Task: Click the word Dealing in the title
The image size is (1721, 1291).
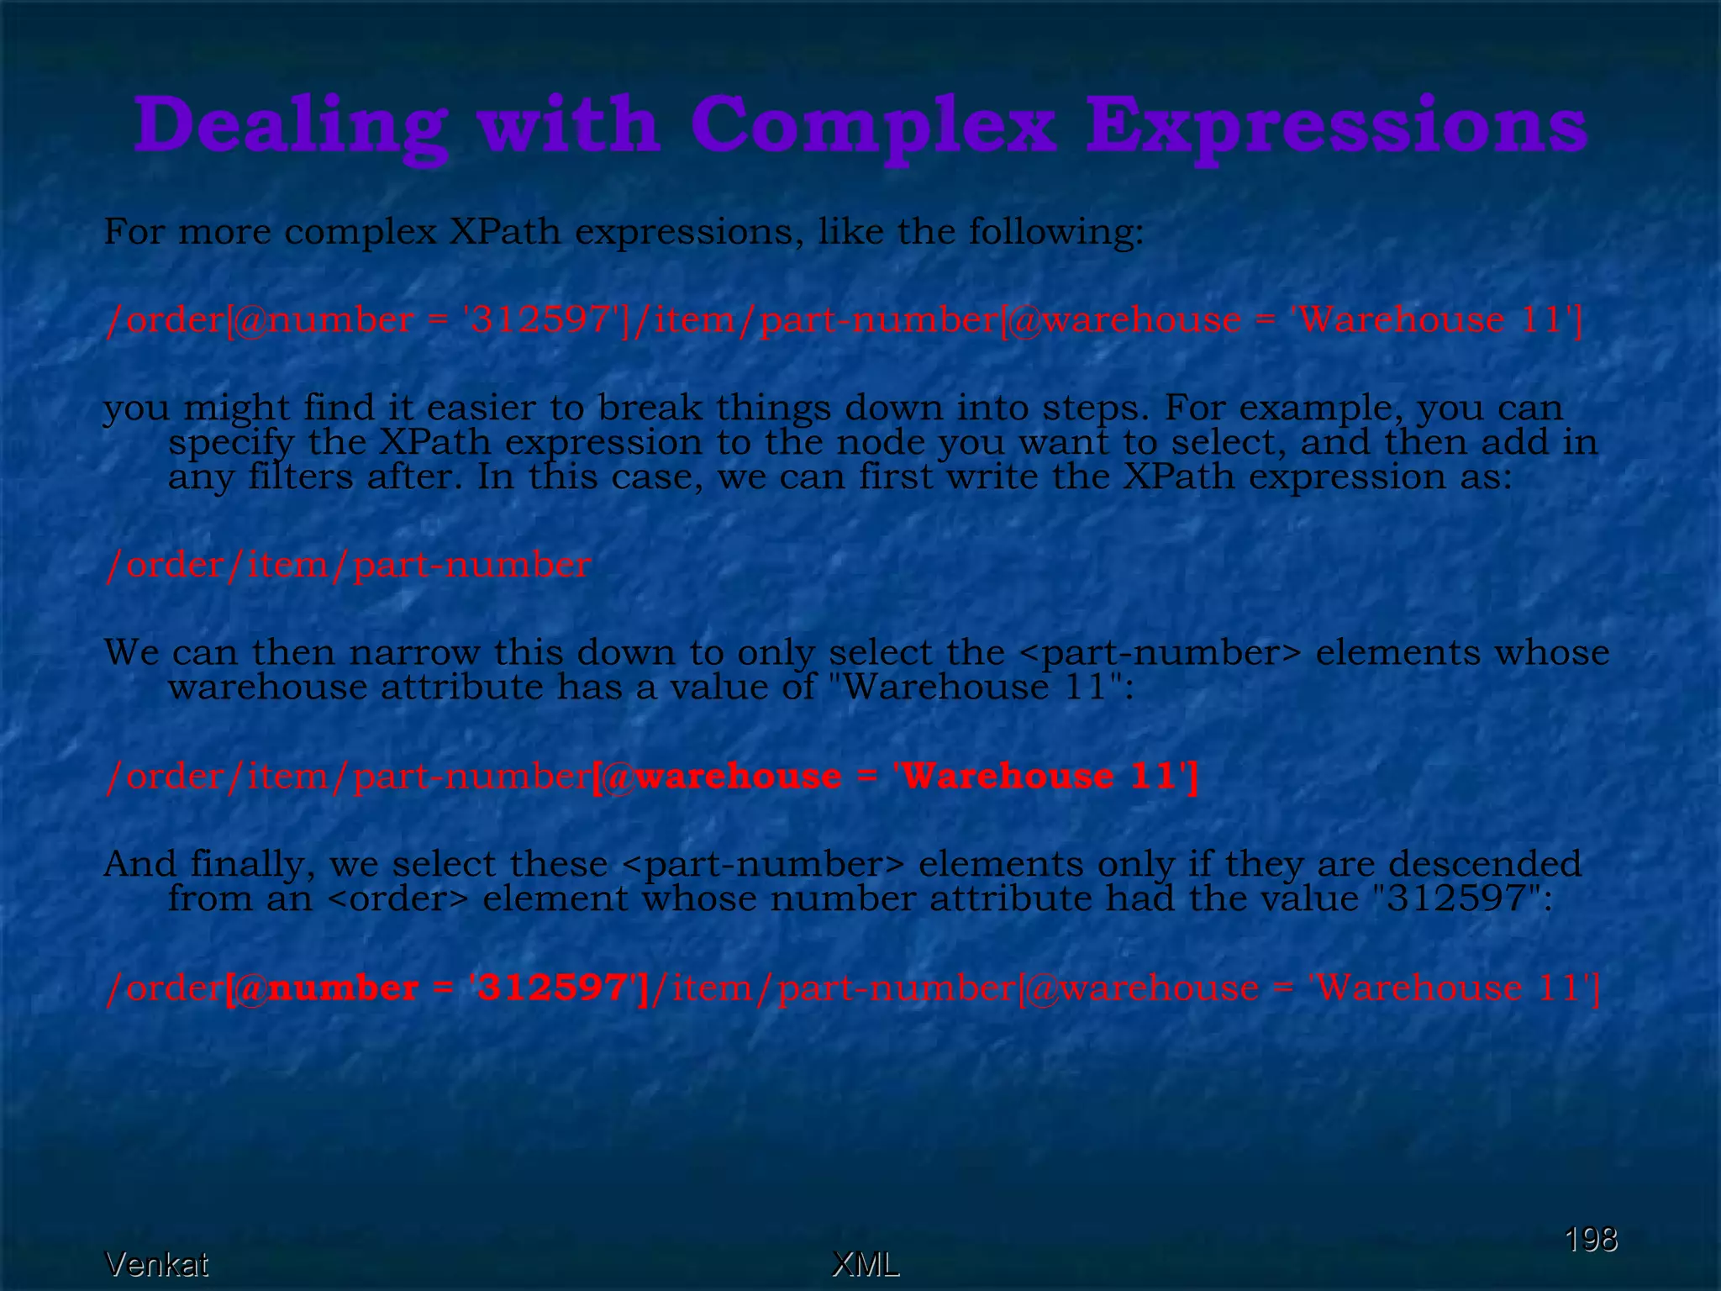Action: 290,126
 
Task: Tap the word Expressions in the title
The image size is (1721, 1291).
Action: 1336,126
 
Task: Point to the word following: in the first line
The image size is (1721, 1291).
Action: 1056,232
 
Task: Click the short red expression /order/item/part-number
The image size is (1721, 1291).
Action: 348,565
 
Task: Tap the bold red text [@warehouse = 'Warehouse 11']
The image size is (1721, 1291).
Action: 895,776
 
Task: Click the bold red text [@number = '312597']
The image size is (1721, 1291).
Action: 437,988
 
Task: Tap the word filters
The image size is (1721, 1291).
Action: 300,477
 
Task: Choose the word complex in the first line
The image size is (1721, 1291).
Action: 361,232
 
